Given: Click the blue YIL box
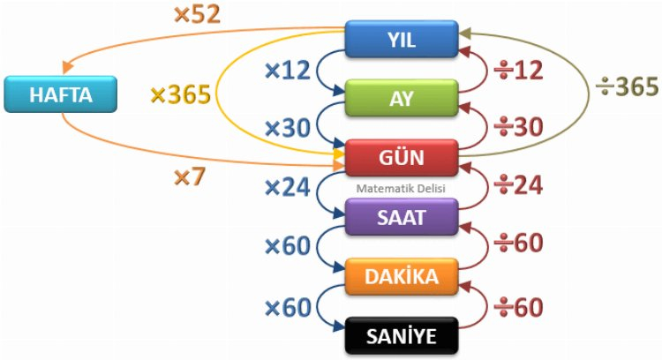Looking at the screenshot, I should [401, 38].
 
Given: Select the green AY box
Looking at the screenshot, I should [401, 97].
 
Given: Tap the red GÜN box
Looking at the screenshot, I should [401, 156].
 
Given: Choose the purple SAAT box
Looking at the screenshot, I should [401, 216].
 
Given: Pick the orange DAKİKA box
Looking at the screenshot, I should [401, 275].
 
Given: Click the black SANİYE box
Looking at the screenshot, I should [401, 335].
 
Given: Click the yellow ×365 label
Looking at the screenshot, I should [179, 94].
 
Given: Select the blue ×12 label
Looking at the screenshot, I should [288, 70].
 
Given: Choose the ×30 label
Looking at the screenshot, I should [288, 128].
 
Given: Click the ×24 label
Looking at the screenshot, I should [288, 186].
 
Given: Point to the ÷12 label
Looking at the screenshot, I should [516, 70].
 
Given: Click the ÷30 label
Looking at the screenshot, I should [516, 128].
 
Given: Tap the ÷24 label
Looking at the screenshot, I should [516, 186].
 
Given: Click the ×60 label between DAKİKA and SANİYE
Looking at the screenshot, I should [288, 307].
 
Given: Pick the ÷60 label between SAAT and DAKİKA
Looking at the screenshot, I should [516, 244].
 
